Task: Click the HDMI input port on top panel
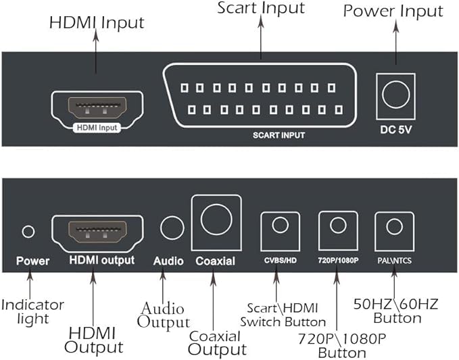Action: pos(97,107)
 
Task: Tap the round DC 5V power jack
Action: pos(395,95)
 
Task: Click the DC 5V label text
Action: pos(395,130)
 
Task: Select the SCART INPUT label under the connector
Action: pos(279,135)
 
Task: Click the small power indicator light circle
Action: pos(28,232)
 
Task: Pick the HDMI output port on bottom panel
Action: pos(97,231)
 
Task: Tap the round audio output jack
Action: pos(172,228)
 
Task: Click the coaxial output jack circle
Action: pos(216,220)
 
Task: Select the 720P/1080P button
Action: pos(338,226)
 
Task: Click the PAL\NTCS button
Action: pos(394,226)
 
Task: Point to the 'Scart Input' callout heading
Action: pos(261,8)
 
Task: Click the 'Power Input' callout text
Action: pos(393,11)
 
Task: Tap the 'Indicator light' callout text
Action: pos(32,312)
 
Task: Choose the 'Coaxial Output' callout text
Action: pos(217,344)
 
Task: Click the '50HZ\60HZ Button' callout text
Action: pos(395,311)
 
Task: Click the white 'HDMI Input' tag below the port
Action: pos(97,128)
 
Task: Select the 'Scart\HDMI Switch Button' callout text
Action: pos(283,315)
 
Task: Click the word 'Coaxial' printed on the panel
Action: pos(215,261)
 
